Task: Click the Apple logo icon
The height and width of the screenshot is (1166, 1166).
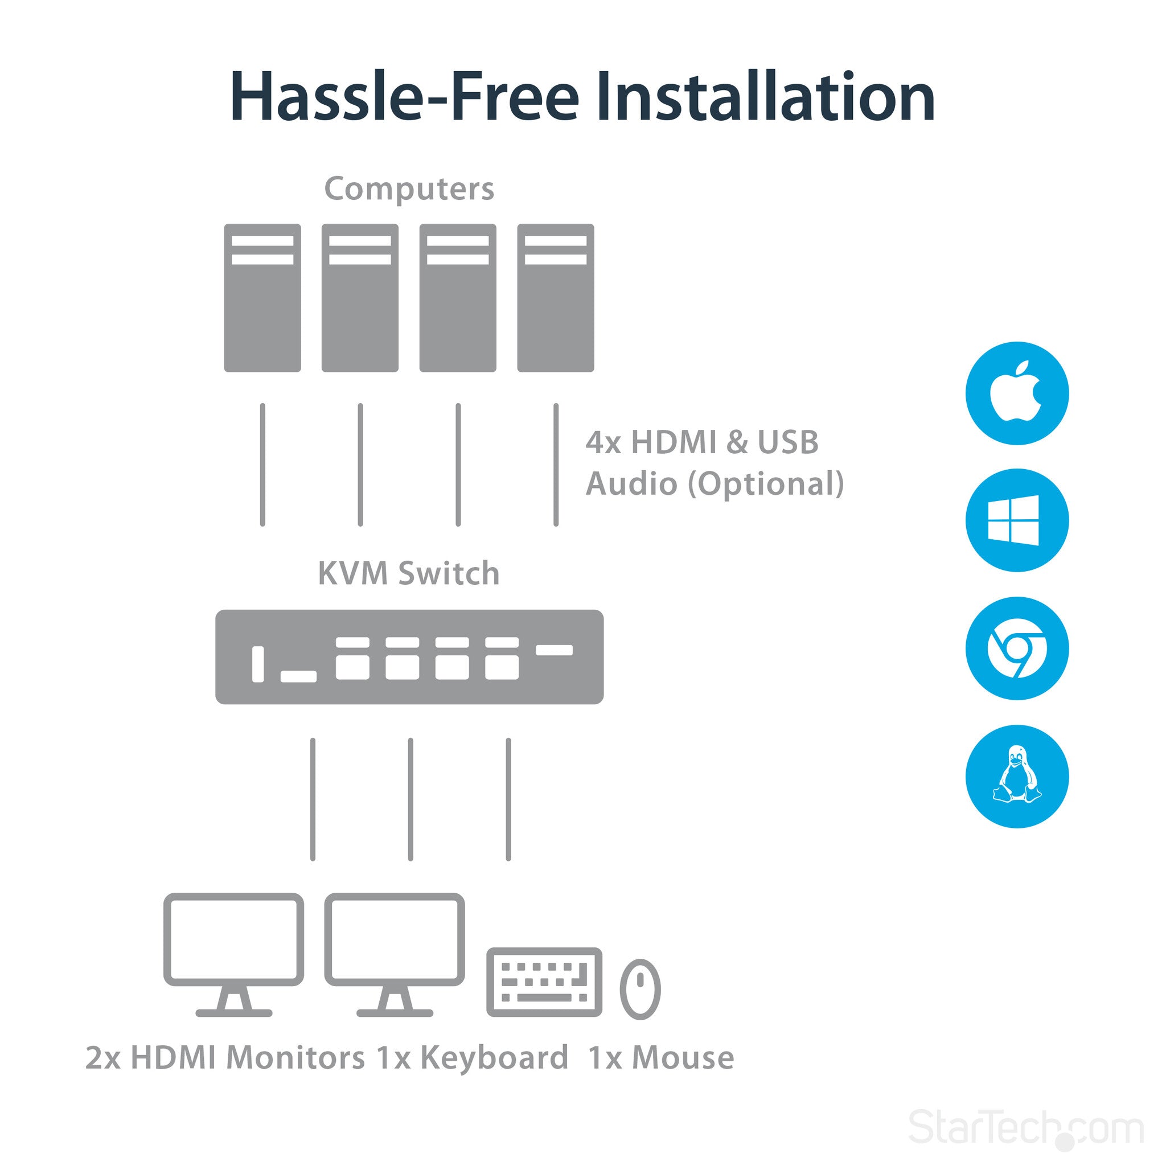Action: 1017,393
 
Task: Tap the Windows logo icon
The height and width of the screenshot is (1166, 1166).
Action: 1017,520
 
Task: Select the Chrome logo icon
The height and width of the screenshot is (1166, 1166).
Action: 1017,648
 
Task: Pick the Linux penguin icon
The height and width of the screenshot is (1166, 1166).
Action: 1017,776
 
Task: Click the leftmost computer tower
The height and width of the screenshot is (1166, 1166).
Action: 262,298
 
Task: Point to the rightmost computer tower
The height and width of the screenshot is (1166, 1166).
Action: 555,298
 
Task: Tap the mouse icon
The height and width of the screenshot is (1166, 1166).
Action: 641,989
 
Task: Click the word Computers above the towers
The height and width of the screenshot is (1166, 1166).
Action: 409,189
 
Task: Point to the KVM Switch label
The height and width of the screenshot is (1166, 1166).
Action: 409,573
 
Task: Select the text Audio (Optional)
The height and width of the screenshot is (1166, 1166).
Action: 715,484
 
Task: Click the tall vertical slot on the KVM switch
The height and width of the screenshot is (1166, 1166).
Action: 258,664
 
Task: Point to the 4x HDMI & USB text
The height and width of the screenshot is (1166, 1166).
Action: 702,442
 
